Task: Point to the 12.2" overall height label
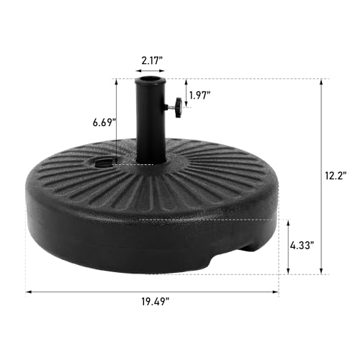(335, 174)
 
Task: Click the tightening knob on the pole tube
(176, 108)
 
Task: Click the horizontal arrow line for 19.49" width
(153, 292)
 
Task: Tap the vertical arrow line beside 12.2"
(319, 176)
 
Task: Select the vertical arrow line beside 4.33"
(288, 246)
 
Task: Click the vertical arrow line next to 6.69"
(116, 122)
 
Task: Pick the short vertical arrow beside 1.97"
(185, 90)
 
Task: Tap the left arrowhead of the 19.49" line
(29, 292)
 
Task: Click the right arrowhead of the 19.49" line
(276, 292)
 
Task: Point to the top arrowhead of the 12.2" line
(319, 81)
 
